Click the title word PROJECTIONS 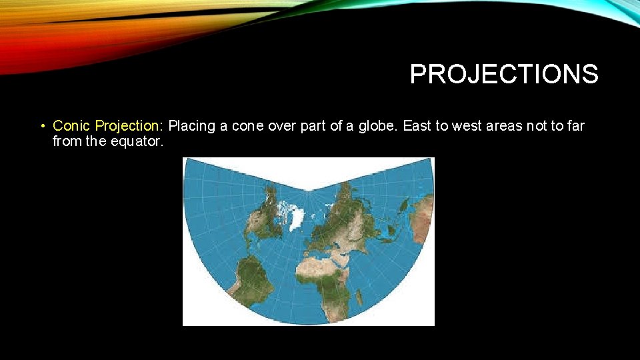504,74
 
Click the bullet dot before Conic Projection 42,126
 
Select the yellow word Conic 72,125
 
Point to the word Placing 191,125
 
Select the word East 417,125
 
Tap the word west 466,125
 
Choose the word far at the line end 573,125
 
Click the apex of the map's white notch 309,191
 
